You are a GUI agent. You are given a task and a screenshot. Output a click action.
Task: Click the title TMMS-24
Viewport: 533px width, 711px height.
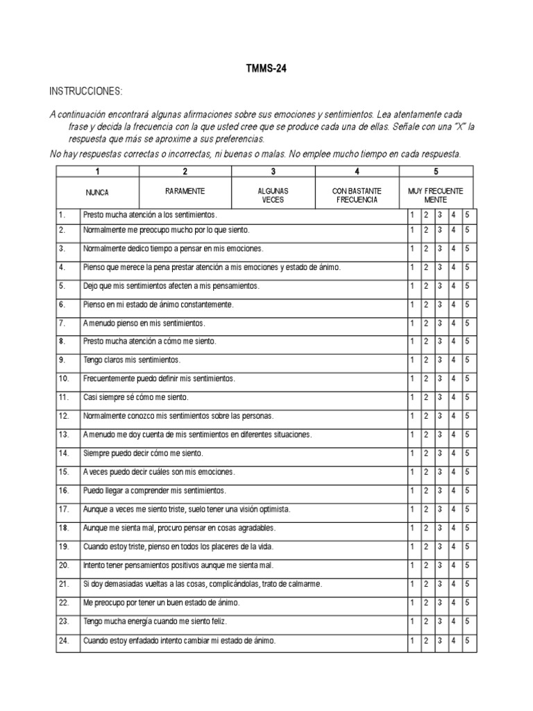pyautogui.click(x=266, y=69)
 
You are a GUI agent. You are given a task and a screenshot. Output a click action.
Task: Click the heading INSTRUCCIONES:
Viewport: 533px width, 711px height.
pyautogui.click(x=85, y=92)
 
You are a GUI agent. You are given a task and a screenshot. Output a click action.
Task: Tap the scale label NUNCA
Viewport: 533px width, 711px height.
pyautogui.click(x=97, y=192)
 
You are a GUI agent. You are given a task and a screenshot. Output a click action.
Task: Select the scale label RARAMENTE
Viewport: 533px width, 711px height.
pyautogui.click(x=185, y=190)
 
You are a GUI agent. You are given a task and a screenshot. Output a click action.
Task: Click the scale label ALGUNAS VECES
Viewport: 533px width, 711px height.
pyautogui.click(x=273, y=194)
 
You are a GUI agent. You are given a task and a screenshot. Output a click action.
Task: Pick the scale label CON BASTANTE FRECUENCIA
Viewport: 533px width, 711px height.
pyautogui.click(x=357, y=194)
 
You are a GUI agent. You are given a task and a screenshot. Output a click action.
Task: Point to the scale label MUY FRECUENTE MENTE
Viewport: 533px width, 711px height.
pyautogui.click(x=436, y=194)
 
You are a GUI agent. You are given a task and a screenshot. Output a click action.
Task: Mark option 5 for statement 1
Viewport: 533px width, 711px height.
pyautogui.click(x=467, y=215)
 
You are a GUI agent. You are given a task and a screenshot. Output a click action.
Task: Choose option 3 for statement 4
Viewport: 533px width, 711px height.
pyautogui.click(x=439, y=267)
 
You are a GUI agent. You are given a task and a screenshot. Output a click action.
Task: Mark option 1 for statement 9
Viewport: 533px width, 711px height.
pyautogui.click(x=412, y=360)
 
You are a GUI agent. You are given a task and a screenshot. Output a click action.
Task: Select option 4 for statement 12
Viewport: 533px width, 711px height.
pyautogui.click(x=453, y=416)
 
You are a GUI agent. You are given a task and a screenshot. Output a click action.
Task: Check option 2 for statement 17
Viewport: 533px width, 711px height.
pyautogui.click(x=425, y=509)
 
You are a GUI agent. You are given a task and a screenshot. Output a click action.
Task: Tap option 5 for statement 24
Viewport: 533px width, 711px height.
pyautogui.click(x=467, y=641)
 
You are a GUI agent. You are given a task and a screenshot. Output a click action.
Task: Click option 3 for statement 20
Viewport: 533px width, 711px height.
pyautogui.click(x=439, y=565)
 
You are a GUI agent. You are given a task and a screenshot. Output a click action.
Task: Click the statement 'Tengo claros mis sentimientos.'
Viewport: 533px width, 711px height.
pyautogui.click(x=132, y=360)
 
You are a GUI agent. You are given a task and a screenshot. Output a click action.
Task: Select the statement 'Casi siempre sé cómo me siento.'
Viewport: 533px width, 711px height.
pyautogui.click(x=136, y=397)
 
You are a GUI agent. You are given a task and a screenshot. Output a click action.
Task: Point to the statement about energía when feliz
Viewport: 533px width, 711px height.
pyautogui.click(x=155, y=622)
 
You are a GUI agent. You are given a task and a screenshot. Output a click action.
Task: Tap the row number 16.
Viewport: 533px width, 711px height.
pyautogui.click(x=63, y=490)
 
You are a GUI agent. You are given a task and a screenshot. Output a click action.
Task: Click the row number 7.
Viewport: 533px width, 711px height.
pyautogui.click(x=62, y=323)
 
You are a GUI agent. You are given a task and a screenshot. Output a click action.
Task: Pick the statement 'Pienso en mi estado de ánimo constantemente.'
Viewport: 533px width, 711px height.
pyautogui.click(x=158, y=304)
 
